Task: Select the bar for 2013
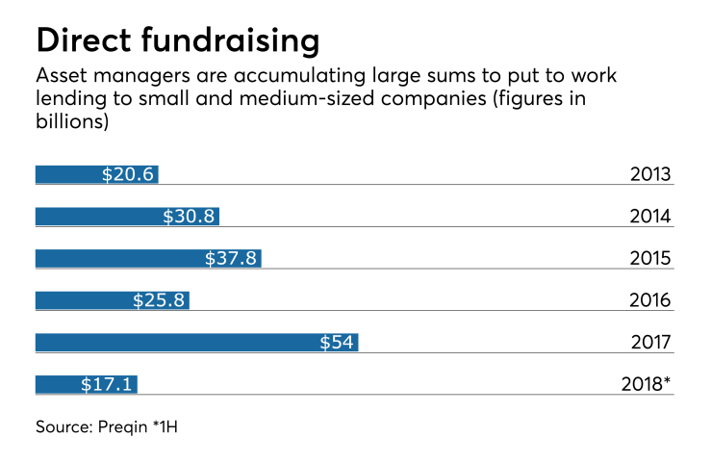click(67, 174)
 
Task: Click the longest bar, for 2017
click(173, 343)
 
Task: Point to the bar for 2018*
click(58, 385)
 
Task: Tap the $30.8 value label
click(189, 217)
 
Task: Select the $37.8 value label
click(230, 258)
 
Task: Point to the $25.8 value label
click(158, 300)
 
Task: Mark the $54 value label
click(337, 343)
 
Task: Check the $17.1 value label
click(106, 385)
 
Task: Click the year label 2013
click(650, 175)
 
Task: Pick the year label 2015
click(650, 259)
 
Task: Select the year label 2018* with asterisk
click(648, 385)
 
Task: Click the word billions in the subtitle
click(68, 123)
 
